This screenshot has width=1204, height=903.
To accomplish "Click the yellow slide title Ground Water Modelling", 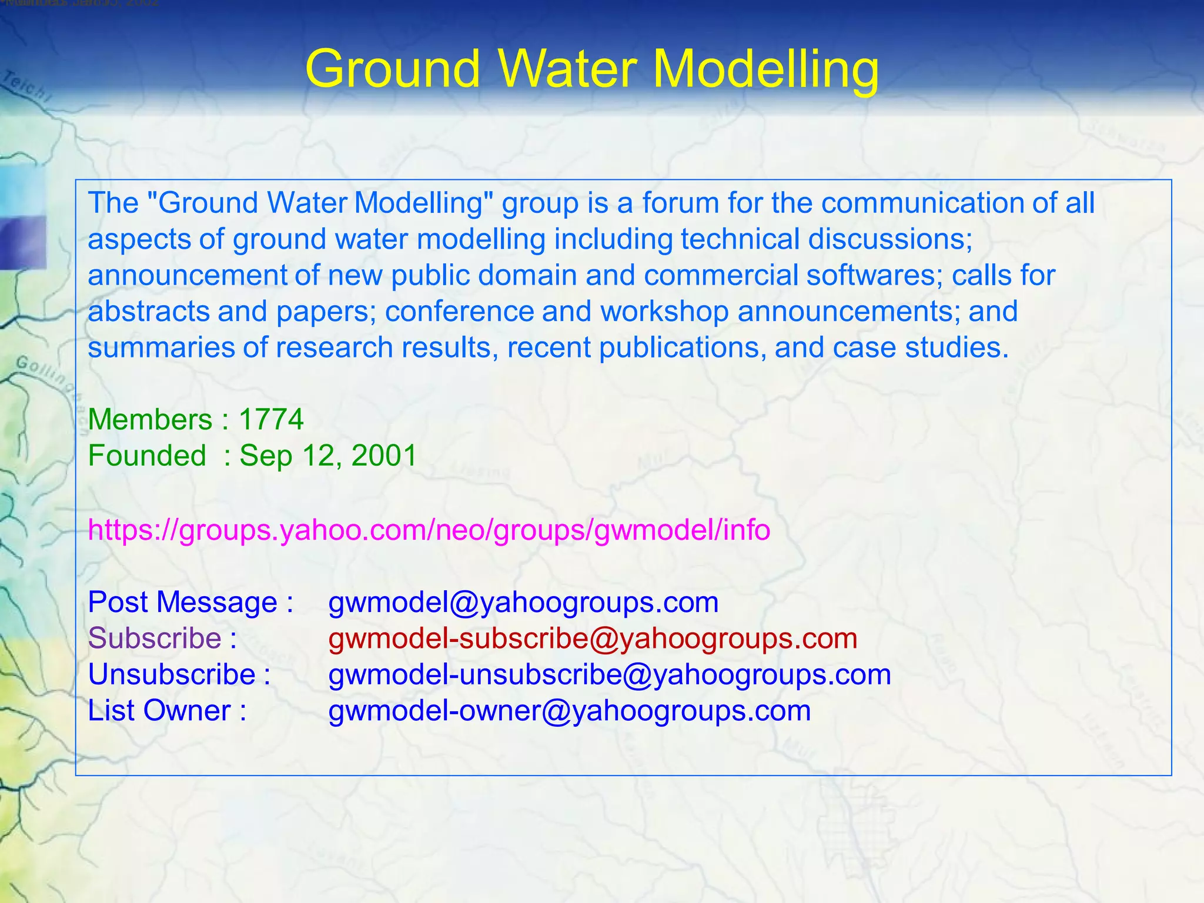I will coord(592,69).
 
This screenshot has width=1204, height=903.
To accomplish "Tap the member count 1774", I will coord(271,420).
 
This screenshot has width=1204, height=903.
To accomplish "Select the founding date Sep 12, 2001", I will coord(328,456).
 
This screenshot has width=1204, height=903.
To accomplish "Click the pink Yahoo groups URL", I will coord(429,530).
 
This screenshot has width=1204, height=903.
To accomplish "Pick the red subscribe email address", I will coord(593,638).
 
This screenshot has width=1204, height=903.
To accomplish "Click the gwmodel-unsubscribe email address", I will coord(610,675).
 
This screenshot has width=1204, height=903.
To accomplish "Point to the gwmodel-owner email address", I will coord(570,711).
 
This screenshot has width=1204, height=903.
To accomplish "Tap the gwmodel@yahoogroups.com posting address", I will coord(523,603).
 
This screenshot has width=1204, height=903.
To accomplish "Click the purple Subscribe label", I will coord(155,638).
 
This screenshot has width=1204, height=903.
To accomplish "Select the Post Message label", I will coord(182,603).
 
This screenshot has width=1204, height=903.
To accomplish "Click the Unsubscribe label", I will coord(172,675).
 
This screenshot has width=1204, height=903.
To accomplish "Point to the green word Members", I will coord(150,420).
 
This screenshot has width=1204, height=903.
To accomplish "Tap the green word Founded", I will coord(147,456).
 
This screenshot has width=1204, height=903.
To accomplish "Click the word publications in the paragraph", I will coord(683,348).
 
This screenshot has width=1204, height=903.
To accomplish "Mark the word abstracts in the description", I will coord(149,312).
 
